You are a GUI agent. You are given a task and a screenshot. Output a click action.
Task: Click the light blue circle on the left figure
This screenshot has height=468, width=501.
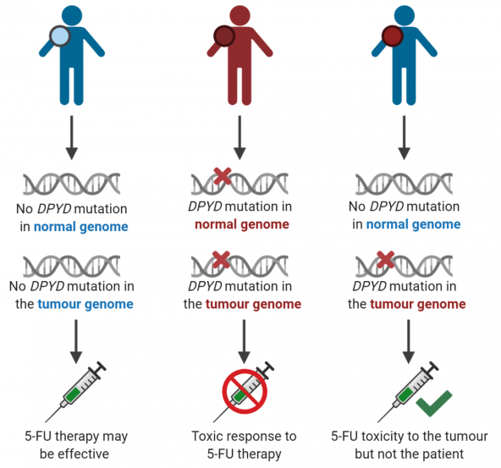pos(60,36)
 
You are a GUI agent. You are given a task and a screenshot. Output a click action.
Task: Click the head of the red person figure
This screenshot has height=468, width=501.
pos(239,15)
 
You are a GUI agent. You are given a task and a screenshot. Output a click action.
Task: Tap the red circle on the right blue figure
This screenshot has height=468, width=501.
pos(393,36)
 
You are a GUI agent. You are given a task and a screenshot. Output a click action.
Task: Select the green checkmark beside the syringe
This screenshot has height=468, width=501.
pos(434,403)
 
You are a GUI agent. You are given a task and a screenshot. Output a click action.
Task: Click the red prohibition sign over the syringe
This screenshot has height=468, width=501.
pos(245,391)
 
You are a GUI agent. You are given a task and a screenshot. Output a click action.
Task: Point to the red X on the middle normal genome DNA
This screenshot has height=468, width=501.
pos(223,176)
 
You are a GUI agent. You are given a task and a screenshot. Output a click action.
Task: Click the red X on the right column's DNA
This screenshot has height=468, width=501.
pos(386,260)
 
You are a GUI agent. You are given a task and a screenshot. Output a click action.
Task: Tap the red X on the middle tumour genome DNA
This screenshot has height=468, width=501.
pos(221,260)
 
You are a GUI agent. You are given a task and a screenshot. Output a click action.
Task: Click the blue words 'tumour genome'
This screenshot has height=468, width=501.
pos(85,304)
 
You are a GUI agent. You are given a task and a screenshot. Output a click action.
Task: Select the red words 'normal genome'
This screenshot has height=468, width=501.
pos(242,224)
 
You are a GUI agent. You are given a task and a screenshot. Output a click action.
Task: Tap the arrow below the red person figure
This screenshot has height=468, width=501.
pos(239,138)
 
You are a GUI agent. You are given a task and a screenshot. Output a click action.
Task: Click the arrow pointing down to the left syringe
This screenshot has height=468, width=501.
pos(76,342)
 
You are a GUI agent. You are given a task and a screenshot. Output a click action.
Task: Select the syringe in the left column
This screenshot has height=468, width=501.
pos(76,392)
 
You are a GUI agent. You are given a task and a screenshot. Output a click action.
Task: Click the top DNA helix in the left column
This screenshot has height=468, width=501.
pos(72,184)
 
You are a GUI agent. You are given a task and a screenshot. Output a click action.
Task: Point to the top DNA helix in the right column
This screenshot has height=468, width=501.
pos(405,184)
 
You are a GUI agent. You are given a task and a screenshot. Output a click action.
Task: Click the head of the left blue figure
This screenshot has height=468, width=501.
pos(72,15)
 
